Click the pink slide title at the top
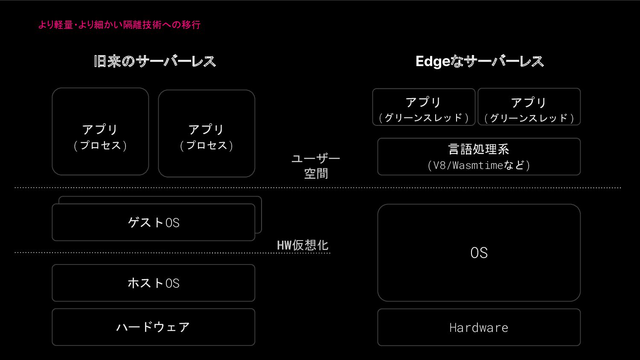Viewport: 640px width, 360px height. (119, 25)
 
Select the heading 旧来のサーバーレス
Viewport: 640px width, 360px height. (155, 61)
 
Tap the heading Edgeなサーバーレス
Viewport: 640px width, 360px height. (480, 61)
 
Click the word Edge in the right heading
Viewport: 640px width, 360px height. (433, 61)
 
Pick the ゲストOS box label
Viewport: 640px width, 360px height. (154, 223)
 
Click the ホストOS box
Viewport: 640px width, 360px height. (154, 283)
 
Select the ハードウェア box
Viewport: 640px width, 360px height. (154, 327)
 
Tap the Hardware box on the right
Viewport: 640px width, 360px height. (479, 328)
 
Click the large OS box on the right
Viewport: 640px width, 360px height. (479, 253)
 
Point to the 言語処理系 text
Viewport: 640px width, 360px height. (479, 149)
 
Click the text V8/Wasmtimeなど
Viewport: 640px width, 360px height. (479, 165)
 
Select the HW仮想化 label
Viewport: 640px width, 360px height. (303, 245)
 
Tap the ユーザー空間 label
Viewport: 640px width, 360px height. (316, 166)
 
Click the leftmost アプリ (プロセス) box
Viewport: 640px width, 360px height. (100, 131)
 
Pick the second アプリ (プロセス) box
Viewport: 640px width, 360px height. (207, 133)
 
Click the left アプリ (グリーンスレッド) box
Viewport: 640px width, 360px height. (424, 107)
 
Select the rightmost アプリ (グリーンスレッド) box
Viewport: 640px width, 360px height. (529, 107)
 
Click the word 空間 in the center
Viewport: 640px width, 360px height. (316, 174)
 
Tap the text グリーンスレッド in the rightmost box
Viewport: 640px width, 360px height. (529, 118)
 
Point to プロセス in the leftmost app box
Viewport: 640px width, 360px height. (100, 145)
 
